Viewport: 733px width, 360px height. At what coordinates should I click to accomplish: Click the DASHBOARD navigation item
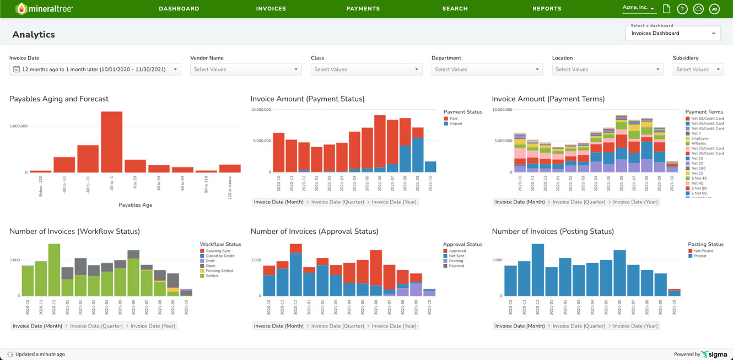coord(179,9)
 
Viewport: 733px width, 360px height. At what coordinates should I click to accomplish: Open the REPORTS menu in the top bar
coord(547,9)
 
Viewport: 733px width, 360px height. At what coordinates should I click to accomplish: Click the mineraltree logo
coord(44,9)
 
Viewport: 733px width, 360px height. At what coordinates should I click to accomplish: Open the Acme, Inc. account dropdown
coord(638,8)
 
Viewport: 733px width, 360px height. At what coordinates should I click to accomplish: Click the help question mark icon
coord(682,9)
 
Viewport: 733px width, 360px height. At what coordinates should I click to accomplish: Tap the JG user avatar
coord(714,9)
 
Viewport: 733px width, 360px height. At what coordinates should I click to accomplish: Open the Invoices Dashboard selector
coord(673,33)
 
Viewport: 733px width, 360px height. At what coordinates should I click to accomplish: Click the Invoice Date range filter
coord(95,69)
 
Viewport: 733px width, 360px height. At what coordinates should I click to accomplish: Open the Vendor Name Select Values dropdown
coord(246,69)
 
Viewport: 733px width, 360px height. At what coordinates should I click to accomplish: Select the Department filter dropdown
coord(487,69)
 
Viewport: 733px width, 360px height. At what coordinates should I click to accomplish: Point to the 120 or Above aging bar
coord(230,168)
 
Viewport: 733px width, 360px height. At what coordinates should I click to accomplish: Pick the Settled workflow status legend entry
coord(212,276)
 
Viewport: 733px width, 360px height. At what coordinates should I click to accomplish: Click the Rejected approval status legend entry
coord(456,266)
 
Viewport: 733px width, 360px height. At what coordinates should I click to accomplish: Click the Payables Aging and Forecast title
coord(59,99)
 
